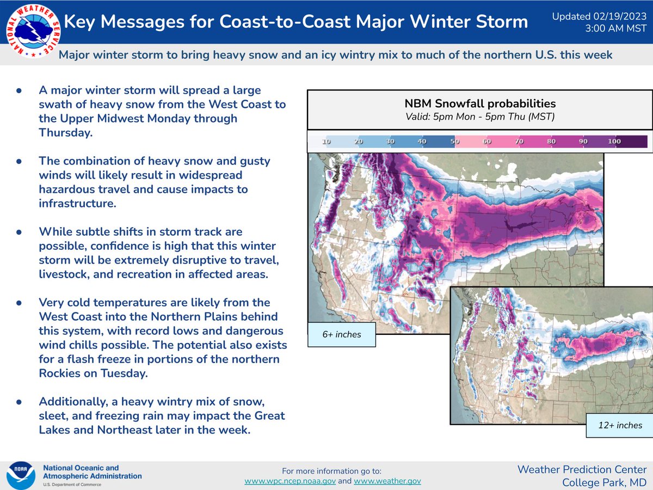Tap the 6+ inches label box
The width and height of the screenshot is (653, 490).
(x=342, y=334)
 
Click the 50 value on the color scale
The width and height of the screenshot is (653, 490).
(x=454, y=142)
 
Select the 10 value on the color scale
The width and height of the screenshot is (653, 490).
(x=327, y=142)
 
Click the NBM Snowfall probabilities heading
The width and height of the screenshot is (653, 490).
(x=480, y=103)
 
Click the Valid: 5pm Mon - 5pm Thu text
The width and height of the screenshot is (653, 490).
(x=480, y=116)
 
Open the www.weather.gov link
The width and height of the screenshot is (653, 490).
(x=387, y=481)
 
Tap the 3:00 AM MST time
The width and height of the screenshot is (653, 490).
(x=618, y=28)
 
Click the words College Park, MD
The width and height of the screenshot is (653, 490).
(x=604, y=482)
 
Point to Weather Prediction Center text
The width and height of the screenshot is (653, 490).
(x=582, y=469)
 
